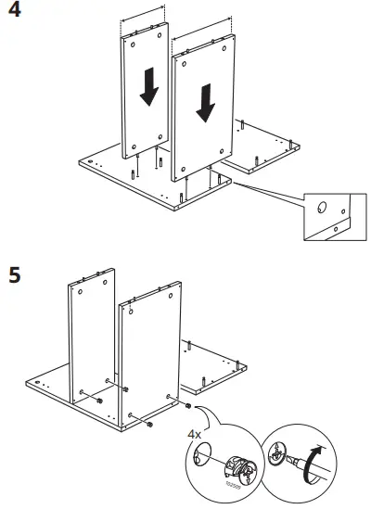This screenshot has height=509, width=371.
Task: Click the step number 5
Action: [16, 276]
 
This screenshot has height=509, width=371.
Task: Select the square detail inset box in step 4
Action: [330, 216]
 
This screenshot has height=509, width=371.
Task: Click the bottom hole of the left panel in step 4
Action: [134, 146]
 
